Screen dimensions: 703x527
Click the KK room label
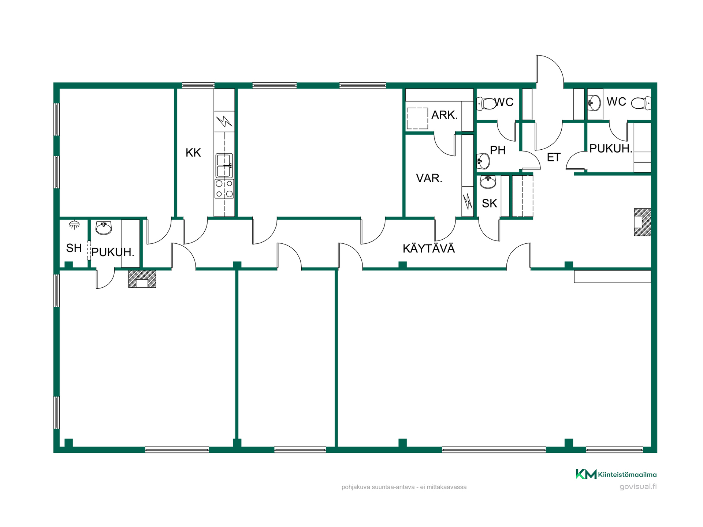pyautogui.click(x=193, y=153)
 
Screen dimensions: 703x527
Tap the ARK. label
pyautogui.click(x=445, y=115)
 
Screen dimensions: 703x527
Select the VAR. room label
pyautogui.click(x=429, y=178)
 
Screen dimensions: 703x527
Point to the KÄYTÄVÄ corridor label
pyautogui.click(x=428, y=248)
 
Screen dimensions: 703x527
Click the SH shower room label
pyautogui.click(x=74, y=248)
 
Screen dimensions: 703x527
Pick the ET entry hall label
pyautogui.click(x=554, y=157)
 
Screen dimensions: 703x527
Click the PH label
pyautogui.click(x=498, y=150)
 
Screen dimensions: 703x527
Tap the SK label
pyautogui.click(x=490, y=203)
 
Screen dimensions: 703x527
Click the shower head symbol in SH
pyautogui.click(x=74, y=224)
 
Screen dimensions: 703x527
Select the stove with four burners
pyautogui.click(x=224, y=188)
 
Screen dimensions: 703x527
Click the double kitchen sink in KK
pyautogui.click(x=224, y=165)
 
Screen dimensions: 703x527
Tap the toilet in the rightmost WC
pyautogui.click(x=641, y=103)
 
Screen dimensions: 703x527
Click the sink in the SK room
pyautogui.click(x=488, y=182)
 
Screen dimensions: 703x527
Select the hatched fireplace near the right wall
pyautogui.click(x=643, y=222)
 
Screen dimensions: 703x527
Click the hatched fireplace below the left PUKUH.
pyautogui.click(x=142, y=279)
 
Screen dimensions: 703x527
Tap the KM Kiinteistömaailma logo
pyautogui.click(x=616, y=474)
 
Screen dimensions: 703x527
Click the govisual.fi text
pyautogui.click(x=638, y=487)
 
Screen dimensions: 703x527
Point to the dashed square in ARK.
pyautogui.click(x=417, y=118)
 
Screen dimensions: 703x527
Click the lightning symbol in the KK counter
pyautogui.click(x=224, y=121)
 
